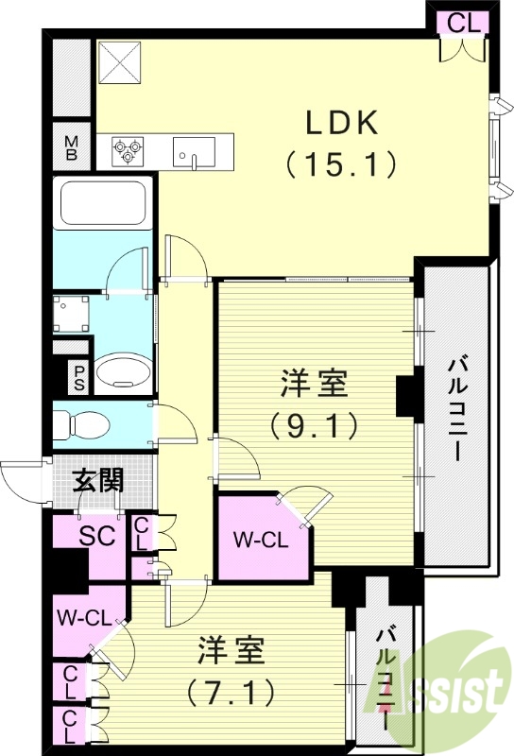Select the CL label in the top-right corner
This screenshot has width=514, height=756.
463,23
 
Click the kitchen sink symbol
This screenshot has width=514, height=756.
194,151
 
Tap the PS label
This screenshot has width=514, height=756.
79,378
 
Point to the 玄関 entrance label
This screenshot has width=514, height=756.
98,481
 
